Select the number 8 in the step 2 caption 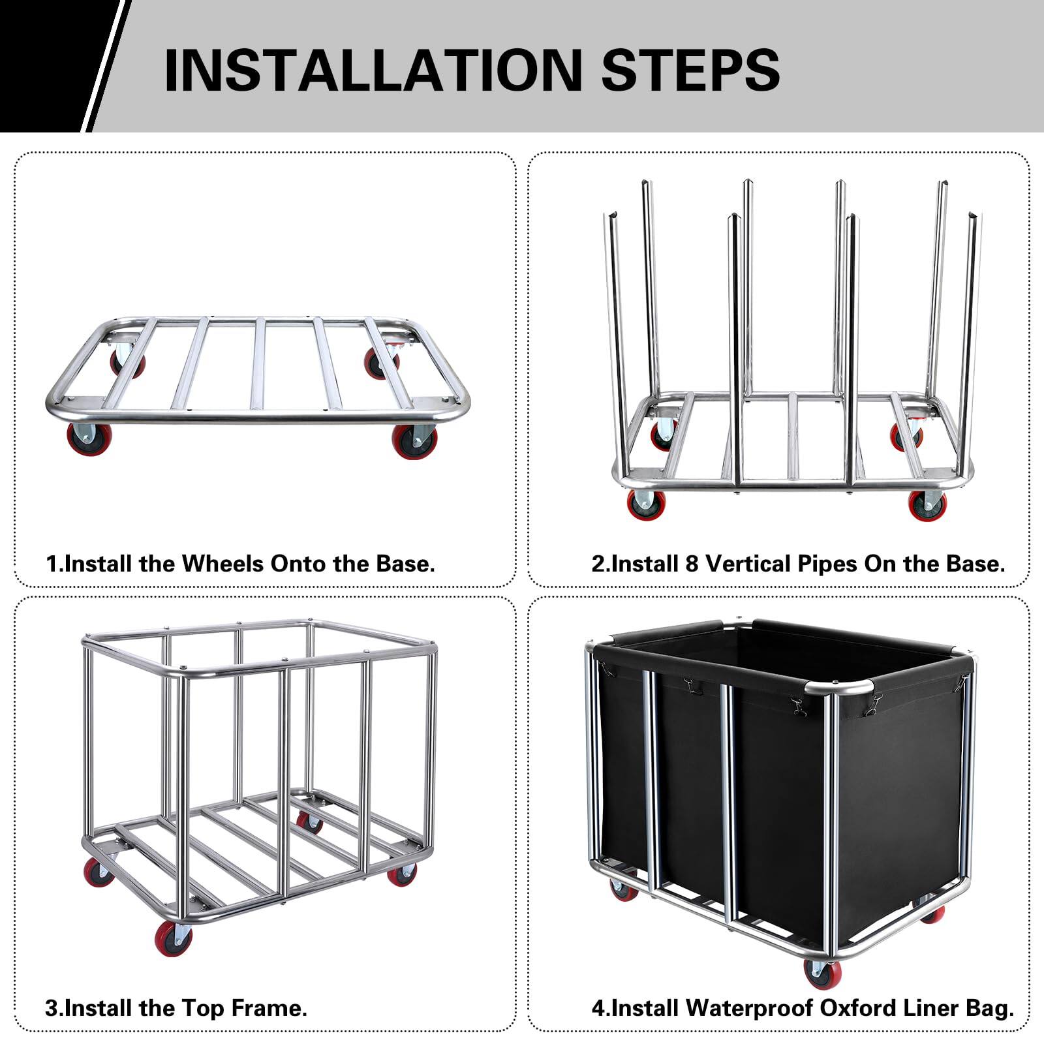(x=692, y=563)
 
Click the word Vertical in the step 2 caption (x=746, y=563)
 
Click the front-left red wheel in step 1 (x=87, y=439)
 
